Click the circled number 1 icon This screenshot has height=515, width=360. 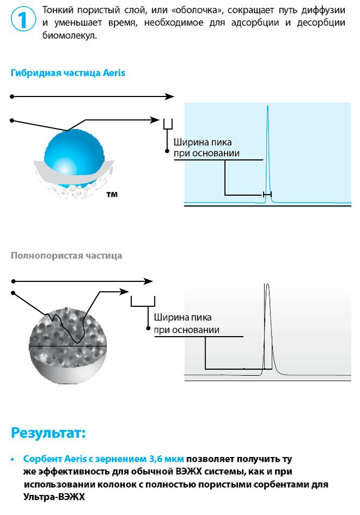(23, 19)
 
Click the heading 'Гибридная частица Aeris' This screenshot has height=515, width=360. (68, 73)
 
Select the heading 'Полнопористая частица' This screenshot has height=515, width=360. (66, 255)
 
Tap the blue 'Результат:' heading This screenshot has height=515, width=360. (48, 433)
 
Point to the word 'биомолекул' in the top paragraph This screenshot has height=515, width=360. (69, 35)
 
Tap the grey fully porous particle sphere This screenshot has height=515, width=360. (68, 345)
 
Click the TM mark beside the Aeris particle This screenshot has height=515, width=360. (112, 195)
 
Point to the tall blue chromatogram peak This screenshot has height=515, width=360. (268, 154)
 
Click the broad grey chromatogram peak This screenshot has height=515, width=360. (268, 329)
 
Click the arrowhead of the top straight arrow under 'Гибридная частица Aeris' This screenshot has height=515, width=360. (170, 96)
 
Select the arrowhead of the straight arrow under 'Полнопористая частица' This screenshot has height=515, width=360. (148, 281)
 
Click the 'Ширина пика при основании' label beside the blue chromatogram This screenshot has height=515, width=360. (206, 147)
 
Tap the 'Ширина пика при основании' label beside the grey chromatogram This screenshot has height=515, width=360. (187, 324)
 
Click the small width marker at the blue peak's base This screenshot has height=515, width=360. (267, 195)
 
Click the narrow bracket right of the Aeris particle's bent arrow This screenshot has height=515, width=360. (168, 124)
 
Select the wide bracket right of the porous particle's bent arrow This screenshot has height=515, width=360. (143, 301)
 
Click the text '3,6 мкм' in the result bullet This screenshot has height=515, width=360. (166, 459)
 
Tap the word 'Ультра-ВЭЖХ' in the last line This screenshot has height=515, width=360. (54, 497)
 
